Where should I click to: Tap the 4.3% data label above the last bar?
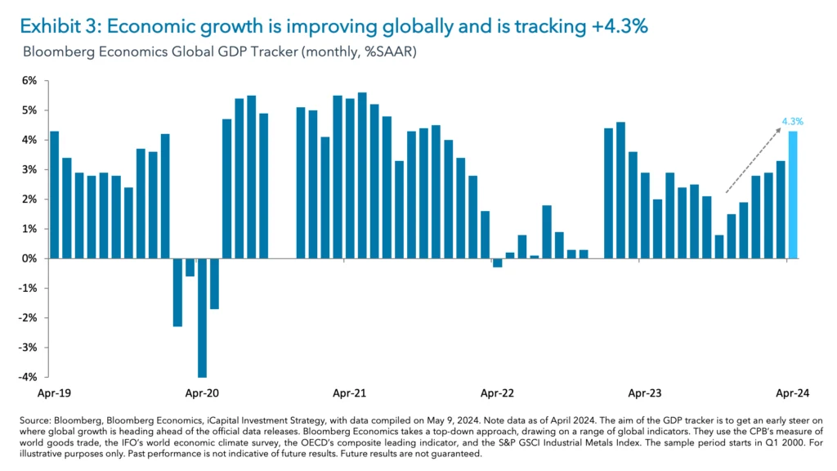[792, 121]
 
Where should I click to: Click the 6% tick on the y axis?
[29, 81]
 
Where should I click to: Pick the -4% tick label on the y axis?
[28, 377]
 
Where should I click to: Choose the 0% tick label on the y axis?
[29, 258]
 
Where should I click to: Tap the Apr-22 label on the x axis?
[496, 393]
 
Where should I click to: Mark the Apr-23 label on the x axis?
[644, 393]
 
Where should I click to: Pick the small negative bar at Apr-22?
[497, 262]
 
